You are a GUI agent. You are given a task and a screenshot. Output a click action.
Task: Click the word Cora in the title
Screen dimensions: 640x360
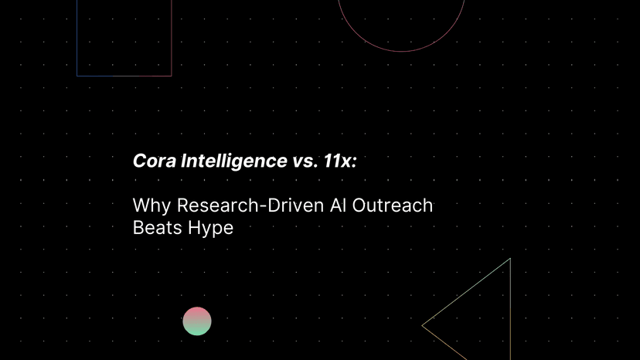[x=155, y=161]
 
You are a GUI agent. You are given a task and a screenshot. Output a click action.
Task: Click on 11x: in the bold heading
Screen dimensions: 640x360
[x=340, y=161]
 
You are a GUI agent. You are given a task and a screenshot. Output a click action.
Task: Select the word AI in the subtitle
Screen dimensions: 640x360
[x=338, y=205]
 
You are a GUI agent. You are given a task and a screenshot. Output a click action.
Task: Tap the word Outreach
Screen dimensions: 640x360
[x=392, y=205]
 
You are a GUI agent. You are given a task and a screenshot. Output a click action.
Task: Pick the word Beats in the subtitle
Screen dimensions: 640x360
[x=156, y=227]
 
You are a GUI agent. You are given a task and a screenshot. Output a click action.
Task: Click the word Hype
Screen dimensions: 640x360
[x=209, y=229]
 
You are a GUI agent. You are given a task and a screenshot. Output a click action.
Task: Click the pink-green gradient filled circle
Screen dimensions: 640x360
[x=197, y=321]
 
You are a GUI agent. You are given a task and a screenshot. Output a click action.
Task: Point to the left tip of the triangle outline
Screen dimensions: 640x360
[x=422, y=325]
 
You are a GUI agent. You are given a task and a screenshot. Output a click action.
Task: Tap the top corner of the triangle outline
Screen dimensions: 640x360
[x=510, y=258]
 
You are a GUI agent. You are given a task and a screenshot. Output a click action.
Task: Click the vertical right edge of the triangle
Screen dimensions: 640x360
[x=510, y=309]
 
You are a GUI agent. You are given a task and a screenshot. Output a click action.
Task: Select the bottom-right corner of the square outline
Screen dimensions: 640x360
[x=172, y=76]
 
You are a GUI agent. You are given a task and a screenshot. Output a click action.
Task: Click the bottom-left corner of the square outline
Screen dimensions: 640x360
[x=77, y=76]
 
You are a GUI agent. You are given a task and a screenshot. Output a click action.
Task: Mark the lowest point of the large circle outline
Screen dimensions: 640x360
[x=402, y=52]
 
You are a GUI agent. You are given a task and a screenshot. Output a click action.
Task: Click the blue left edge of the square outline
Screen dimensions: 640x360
[x=77, y=38]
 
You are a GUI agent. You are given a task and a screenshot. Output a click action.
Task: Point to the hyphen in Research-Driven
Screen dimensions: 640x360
[x=264, y=206]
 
